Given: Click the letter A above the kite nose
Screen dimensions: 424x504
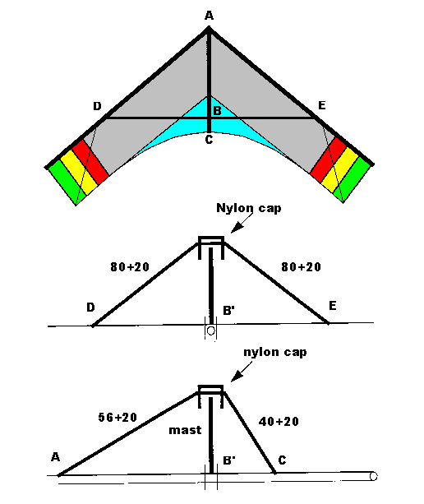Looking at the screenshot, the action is [209, 15].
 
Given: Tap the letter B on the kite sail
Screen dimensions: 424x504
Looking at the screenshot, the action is [217, 111].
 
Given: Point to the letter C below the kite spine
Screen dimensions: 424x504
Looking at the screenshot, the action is [209, 140].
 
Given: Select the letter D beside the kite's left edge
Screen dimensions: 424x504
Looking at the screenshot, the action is [97, 106].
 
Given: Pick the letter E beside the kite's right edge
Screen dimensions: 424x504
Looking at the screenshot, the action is [321, 105].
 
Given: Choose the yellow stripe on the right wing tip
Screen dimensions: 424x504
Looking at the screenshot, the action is [340, 169].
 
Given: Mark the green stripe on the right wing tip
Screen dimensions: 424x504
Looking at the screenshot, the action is [352, 179].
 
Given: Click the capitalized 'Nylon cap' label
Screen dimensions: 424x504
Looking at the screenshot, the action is [249, 208].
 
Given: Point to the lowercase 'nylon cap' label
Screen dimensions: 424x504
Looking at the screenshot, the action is [275, 352].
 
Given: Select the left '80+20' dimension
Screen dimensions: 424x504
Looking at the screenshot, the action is [130, 266].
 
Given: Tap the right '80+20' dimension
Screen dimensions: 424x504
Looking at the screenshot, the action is [301, 266].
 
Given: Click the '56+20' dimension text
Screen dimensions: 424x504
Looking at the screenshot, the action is [118, 417].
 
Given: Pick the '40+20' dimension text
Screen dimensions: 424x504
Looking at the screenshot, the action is [279, 422].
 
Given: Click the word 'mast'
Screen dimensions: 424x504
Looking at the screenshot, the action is [185, 430].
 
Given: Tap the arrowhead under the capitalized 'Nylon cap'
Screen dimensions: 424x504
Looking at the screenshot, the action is [237, 228].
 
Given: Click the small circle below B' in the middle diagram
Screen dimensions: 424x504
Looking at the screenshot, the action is [210, 331].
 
